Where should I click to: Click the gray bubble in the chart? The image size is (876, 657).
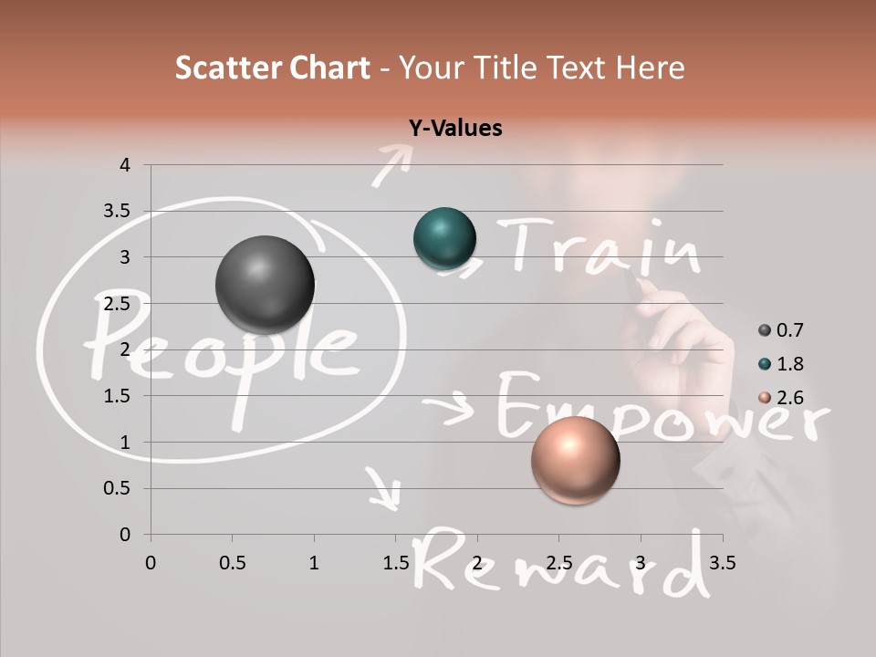pos(265,285)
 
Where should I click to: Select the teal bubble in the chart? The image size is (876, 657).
pos(444,238)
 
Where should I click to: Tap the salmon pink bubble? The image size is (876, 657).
pos(575,460)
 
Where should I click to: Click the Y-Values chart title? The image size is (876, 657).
pos(455,129)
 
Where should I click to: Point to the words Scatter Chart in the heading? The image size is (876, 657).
pos(273,68)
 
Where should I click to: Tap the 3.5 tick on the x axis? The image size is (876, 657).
pos(721,563)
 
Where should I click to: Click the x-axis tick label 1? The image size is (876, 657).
pos(314,563)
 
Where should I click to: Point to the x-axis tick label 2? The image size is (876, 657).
pos(477,563)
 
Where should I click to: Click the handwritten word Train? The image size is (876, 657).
pos(602,246)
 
